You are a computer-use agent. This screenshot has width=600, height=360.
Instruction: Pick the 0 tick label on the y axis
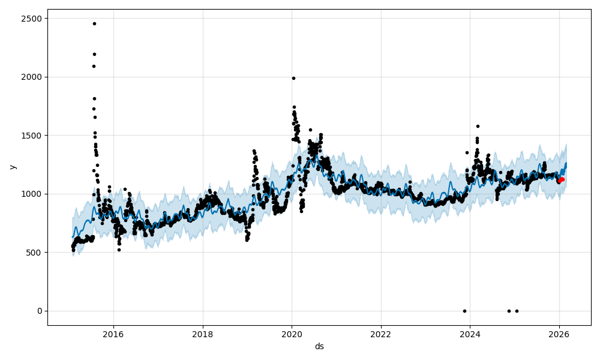(x=40, y=311)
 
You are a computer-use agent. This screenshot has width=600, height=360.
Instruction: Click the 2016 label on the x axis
(x=113, y=334)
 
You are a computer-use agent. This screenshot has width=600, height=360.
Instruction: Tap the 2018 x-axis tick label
(x=203, y=334)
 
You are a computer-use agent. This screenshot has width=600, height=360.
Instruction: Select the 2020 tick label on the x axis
(x=292, y=334)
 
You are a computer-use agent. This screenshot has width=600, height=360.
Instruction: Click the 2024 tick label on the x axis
(x=470, y=334)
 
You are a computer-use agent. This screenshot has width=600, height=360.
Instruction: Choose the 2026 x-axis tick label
(x=559, y=334)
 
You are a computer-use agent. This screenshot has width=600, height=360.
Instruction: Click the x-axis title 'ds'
(x=319, y=346)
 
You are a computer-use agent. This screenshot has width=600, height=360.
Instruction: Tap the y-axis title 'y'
(x=11, y=167)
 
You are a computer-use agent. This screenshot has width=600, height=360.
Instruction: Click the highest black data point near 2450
(x=94, y=23)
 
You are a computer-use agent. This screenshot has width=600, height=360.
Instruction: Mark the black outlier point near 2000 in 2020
(x=293, y=78)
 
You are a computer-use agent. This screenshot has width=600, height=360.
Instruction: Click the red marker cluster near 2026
(x=560, y=179)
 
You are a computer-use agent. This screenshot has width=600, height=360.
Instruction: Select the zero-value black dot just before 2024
(x=464, y=311)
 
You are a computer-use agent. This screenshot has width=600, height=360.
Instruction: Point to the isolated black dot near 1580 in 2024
(x=478, y=126)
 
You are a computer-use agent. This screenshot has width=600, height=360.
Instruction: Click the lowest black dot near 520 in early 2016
(x=119, y=250)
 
